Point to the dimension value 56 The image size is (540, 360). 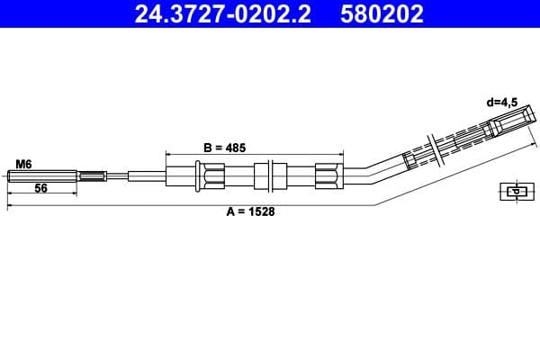coord(40,189)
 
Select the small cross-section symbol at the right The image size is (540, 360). coord(514,190)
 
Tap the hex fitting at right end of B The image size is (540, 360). coord(328,175)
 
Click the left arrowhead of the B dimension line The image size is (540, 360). coord(169,154)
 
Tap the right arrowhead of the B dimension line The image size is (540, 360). coord(340,154)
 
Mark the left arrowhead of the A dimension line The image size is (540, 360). coord(10,206)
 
